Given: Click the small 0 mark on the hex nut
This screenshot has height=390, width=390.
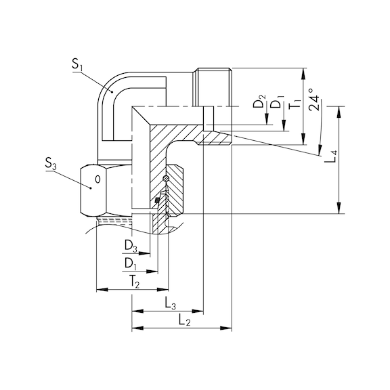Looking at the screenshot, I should point(98,180).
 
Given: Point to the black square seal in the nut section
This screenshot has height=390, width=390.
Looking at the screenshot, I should point(158,200).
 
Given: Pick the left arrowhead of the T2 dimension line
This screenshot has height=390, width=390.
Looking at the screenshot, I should point(100,290).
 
